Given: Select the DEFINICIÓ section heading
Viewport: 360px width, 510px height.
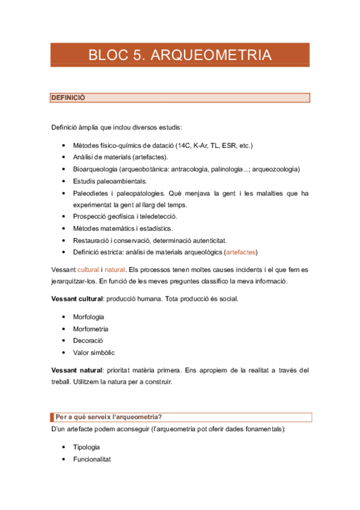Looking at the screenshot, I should (x=68, y=97).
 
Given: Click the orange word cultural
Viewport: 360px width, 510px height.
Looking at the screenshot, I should (x=88, y=269).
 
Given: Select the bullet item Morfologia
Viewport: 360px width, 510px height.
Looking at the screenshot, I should (x=88, y=317).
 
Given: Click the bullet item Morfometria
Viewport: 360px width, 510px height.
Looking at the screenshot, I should (x=91, y=329).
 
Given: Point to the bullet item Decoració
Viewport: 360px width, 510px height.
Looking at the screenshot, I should (x=88, y=340).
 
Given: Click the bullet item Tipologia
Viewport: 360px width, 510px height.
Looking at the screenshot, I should (x=87, y=447).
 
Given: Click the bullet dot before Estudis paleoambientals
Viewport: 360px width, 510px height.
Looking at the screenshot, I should (x=64, y=181).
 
